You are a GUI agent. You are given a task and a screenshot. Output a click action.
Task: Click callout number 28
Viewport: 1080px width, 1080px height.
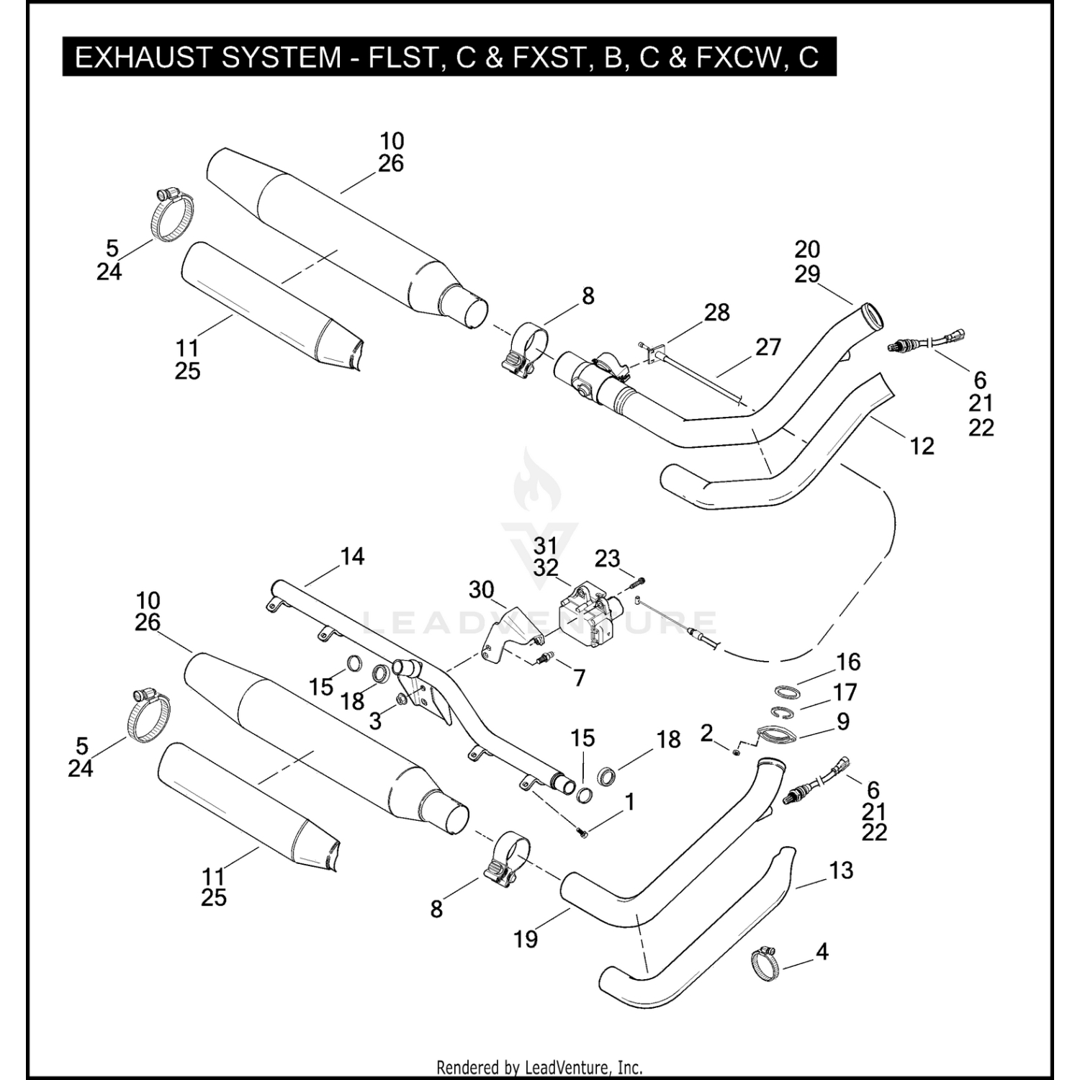click(x=716, y=312)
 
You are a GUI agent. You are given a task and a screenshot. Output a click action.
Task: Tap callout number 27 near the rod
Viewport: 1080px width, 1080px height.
click(x=768, y=347)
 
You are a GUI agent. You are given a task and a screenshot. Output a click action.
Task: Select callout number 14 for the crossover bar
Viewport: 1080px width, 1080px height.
click(x=352, y=557)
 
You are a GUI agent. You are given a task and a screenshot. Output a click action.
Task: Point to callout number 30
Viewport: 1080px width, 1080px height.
click(x=481, y=590)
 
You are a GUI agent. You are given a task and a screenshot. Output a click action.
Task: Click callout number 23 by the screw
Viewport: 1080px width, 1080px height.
click(x=607, y=559)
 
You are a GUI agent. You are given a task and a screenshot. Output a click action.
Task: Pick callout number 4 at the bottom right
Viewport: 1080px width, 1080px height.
click(x=822, y=952)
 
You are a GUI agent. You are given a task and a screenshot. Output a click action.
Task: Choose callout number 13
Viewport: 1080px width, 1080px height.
click(x=841, y=870)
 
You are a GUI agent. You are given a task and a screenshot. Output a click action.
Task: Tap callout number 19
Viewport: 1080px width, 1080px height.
click(x=526, y=939)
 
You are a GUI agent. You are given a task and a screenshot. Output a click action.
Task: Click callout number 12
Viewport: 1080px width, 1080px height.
click(x=922, y=446)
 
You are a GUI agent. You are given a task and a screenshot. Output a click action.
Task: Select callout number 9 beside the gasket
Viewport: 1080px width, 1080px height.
click(x=843, y=721)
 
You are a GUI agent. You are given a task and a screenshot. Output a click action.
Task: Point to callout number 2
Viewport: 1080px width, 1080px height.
click(x=706, y=733)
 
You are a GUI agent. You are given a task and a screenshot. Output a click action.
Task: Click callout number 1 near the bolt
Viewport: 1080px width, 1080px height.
click(x=630, y=801)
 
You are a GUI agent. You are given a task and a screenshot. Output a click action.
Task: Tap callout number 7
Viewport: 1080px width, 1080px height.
click(x=580, y=678)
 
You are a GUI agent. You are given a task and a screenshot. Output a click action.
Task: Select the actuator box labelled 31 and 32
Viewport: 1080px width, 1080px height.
click(x=588, y=616)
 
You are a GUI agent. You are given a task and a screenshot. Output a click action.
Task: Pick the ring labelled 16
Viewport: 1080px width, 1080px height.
click(x=788, y=692)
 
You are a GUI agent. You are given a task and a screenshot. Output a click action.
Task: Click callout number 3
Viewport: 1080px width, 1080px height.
click(x=375, y=720)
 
